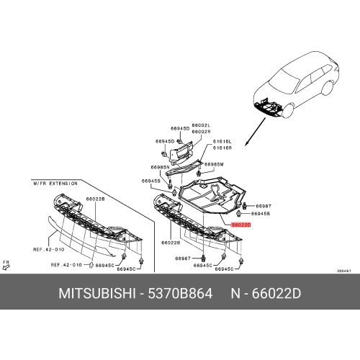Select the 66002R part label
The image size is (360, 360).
tap(201, 132)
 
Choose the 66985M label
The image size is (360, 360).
tap(215, 164)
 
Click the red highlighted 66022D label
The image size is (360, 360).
tap(241, 225)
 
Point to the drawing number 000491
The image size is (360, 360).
tap(344, 271)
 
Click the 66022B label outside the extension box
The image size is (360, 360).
tap(171, 243)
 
